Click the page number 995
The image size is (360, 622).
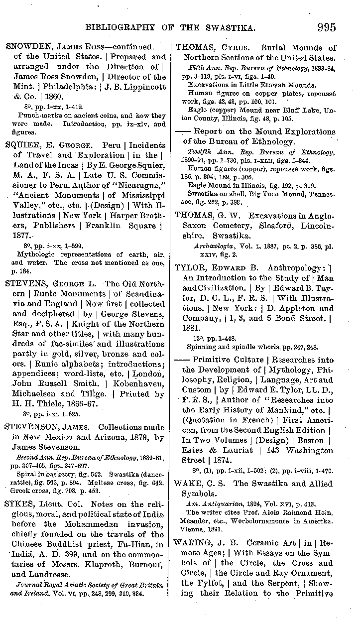pyautogui.click(x=323, y=27)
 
